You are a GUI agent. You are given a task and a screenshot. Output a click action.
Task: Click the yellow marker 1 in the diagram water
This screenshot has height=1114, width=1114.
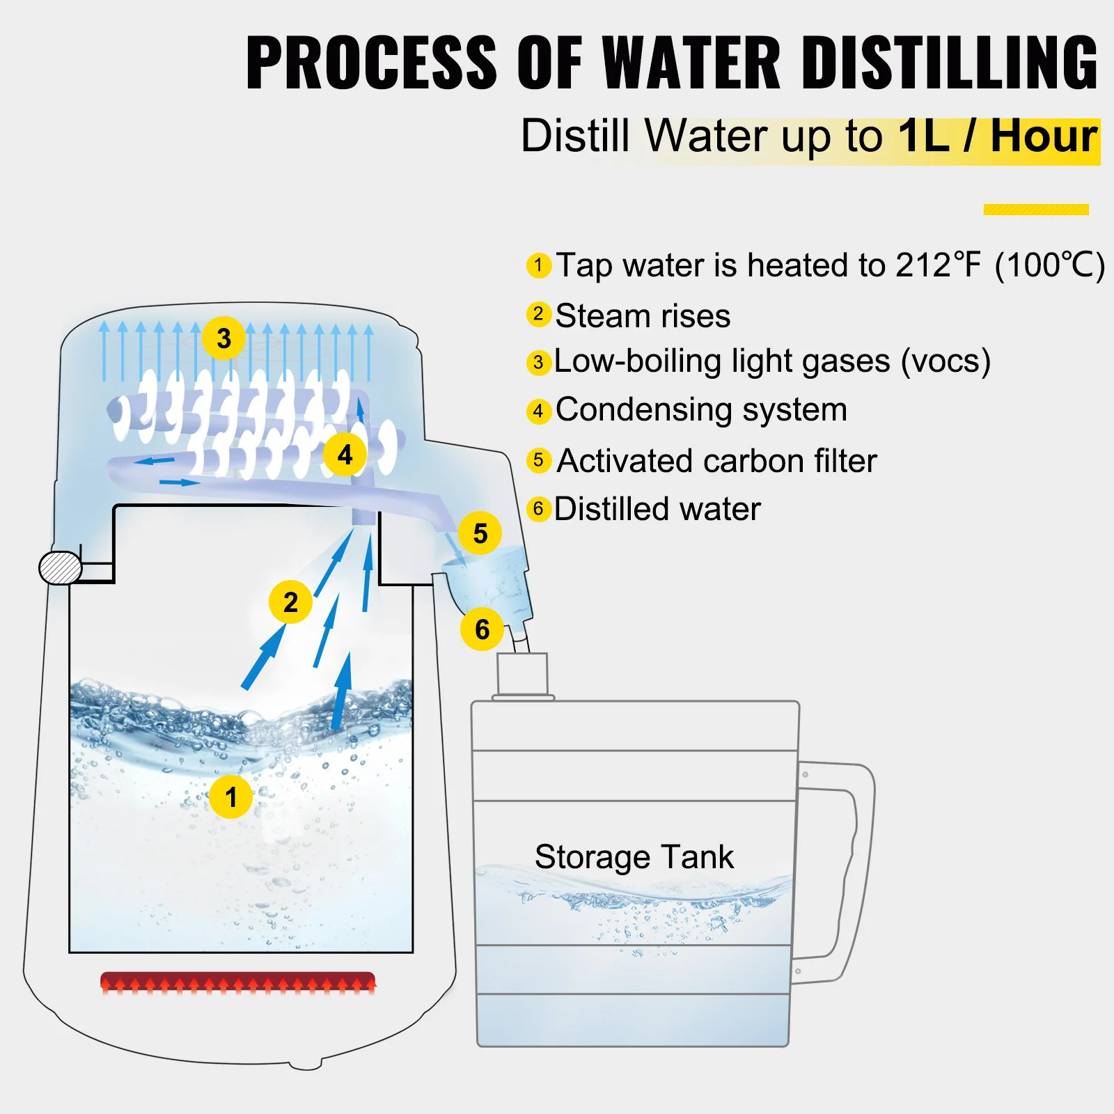(230, 797)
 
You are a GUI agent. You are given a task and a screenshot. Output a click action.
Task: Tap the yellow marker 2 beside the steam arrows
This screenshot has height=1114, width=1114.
(290, 602)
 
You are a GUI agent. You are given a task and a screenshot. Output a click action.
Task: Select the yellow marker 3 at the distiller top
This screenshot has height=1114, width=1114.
(223, 338)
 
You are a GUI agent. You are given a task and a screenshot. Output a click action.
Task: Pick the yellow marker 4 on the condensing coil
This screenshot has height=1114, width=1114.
(345, 455)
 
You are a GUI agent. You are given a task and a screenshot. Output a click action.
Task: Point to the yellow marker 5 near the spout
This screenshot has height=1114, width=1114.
(480, 533)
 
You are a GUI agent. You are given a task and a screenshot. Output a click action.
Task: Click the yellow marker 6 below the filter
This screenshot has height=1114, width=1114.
(482, 629)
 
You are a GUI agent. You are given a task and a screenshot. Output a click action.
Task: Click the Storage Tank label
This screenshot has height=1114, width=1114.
(634, 856)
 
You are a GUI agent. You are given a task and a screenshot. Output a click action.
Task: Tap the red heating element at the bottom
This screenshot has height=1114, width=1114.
(237, 982)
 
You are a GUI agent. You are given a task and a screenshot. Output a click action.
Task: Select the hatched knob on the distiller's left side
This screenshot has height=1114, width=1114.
(61, 568)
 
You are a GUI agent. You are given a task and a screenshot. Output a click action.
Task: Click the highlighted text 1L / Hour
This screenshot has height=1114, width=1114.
(997, 136)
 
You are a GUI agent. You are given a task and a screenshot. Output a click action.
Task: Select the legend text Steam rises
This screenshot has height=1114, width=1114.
(642, 316)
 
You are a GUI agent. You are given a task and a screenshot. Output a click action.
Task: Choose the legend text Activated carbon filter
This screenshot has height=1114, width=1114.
(716, 461)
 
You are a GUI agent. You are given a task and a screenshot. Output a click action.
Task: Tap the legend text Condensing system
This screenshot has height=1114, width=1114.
(701, 409)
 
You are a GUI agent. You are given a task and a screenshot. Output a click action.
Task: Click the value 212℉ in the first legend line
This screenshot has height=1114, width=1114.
(938, 265)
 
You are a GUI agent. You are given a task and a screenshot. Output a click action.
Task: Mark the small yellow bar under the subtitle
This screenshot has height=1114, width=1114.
(1035, 210)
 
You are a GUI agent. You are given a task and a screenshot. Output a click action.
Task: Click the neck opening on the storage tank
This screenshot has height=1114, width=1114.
(522, 673)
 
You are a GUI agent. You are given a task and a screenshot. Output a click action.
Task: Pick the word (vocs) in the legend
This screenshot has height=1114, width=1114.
(945, 361)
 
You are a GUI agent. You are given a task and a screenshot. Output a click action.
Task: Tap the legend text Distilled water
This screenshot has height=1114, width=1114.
(657, 509)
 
